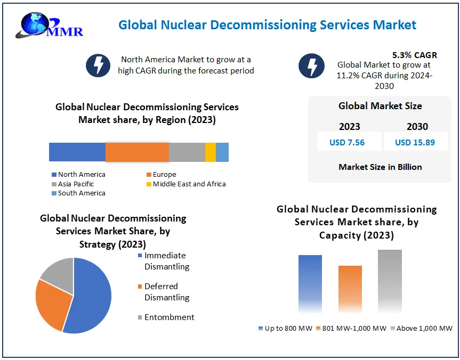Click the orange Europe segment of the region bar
[137, 152]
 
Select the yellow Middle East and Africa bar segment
[210, 152]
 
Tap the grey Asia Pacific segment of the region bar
[187, 152]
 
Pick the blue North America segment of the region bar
[77, 152]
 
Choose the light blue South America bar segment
[222, 152]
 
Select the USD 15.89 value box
[415, 142]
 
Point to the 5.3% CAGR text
[414, 55]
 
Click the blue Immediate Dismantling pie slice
[91, 298]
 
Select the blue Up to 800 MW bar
[310, 282]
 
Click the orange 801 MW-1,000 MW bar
[350, 288]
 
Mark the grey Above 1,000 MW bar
[390, 280]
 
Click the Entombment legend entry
[165, 317]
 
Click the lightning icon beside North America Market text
[98, 65]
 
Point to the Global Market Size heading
[380, 106]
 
